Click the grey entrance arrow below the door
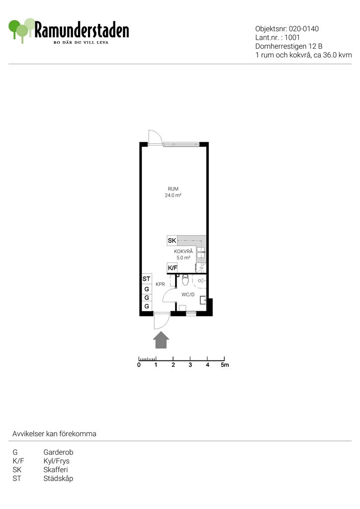(x=161, y=340)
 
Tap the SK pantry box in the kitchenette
(x=172, y=241)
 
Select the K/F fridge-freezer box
(x=172, y=268)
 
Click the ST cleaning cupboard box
(x=146, y=279)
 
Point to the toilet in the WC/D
(x=185, y=279)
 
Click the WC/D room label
(x=188, y=295)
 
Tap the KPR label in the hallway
(x=161, y=284)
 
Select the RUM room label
(x=173, y=189)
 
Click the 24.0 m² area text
(x=173, y=195)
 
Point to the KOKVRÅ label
(x=183, y=252)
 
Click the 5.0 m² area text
(x=183, y=258)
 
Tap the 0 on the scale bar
(x=139, y=365)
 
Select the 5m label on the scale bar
(x=225, y=365)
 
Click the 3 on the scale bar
(x=190, y=365)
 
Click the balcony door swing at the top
(x=155, y=136)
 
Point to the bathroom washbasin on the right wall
(x=202, y=300)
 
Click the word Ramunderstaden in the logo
(x=82, y=30)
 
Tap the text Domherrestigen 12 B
(x=288, y=46)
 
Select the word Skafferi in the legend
(x=56, y=470)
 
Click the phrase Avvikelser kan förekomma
(x=54, y=434)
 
